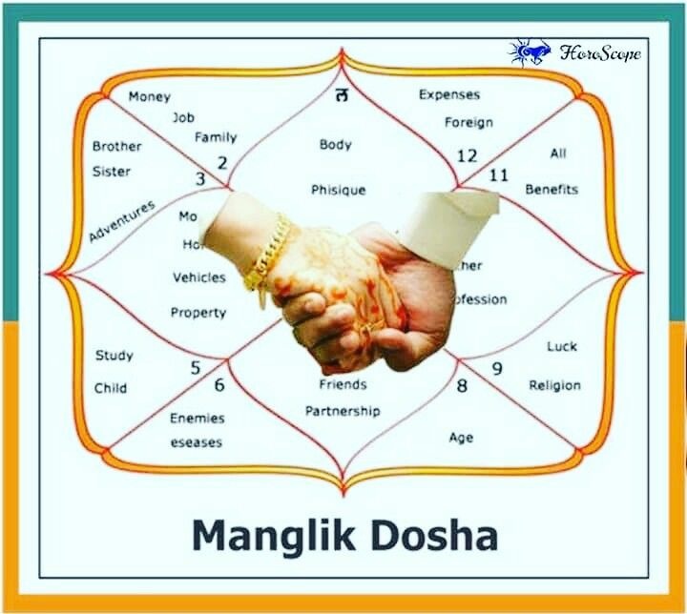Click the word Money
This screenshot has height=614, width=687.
coord(150,96)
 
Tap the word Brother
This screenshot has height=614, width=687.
coord(116,147)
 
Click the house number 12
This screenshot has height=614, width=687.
coord(467,155)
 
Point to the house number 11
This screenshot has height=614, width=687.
coord(499,175)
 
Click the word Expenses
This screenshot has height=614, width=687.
coord(449,95)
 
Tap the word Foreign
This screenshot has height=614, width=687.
coord(468,122)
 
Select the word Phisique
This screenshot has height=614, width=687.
coord(338,191)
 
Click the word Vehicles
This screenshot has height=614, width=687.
coord(198,278)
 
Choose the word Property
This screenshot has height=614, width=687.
coord(198,313)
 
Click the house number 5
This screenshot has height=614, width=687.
coord(196,368)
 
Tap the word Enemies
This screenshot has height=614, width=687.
coord(198,419)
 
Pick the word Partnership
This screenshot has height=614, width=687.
coord(343,412)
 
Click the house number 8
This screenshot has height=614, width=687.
coord(462,386)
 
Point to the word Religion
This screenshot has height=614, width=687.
coord(554,386)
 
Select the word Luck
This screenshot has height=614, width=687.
coord(562,347)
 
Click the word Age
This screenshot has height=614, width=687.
coord(461,438)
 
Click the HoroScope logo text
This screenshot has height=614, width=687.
coord(600,51)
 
